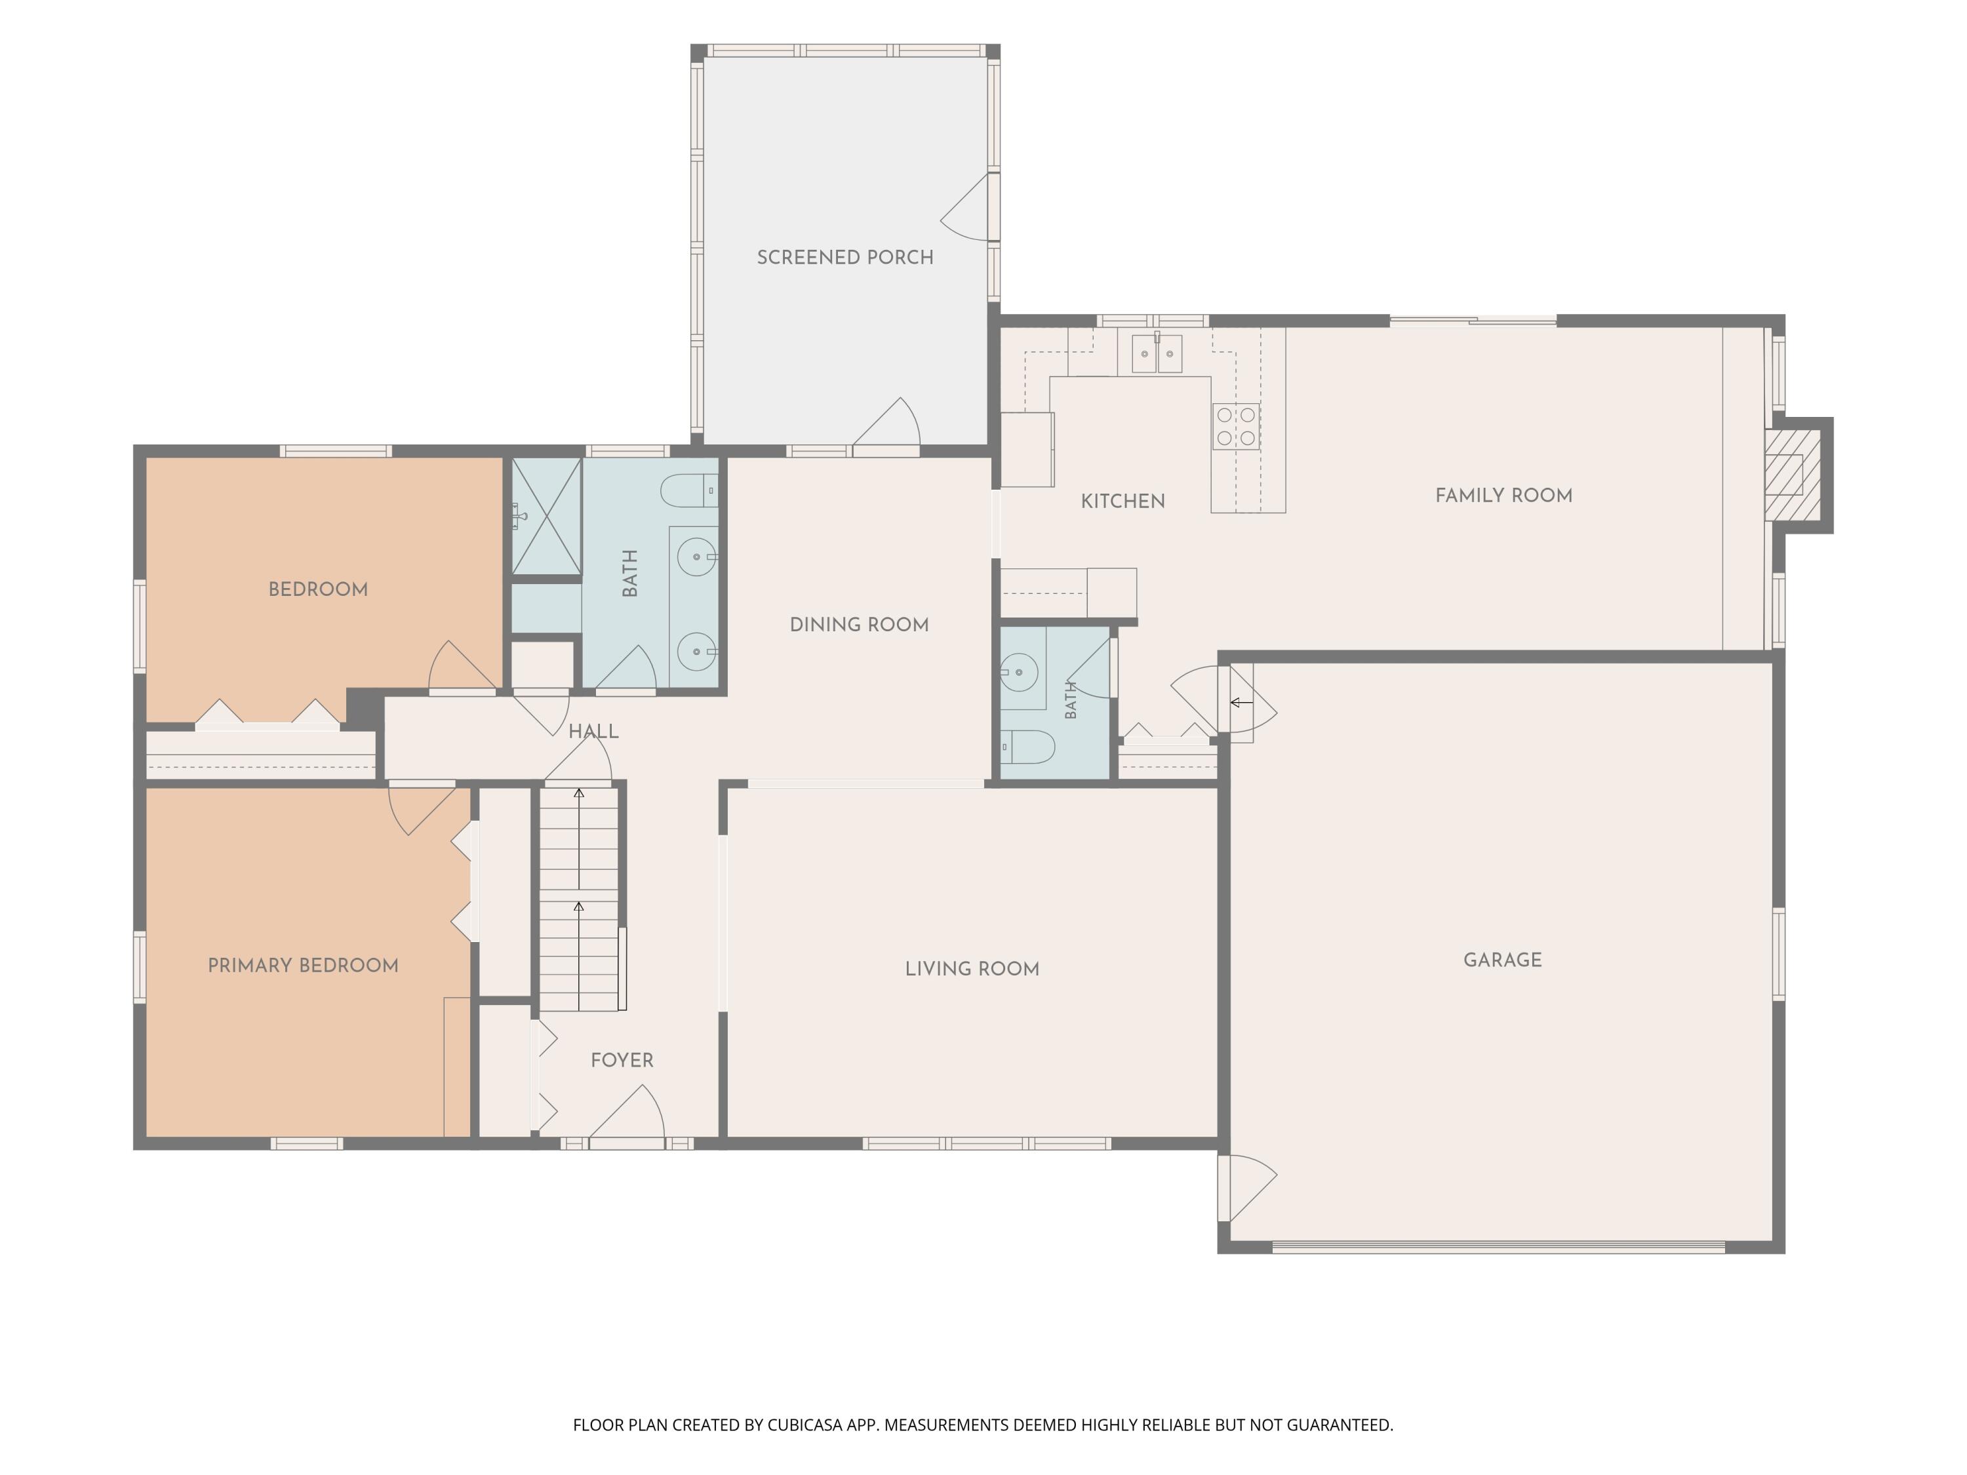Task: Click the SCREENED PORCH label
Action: (844, 258)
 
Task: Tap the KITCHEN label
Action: (1123, 501)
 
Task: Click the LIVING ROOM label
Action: (972, 969)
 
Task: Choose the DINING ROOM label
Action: (859, 625)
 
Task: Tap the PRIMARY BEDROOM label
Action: (303, 966)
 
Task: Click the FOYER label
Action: (622, 1061)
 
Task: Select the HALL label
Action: (594, 732)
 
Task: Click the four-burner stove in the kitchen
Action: (1236, 427)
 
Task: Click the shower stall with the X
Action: (546, 517)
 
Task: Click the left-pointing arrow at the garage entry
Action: (1241, 702)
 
